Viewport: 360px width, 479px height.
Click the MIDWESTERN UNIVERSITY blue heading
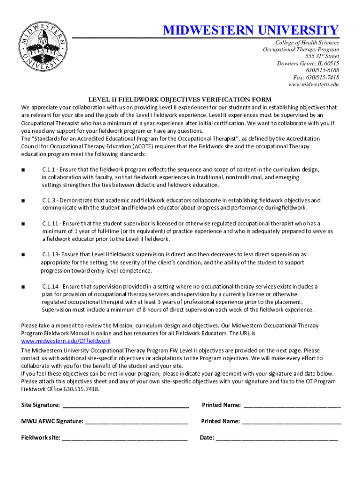click(251, 31)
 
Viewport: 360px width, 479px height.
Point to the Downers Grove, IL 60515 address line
click(308, 63)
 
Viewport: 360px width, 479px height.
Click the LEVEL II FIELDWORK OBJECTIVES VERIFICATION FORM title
click(180, 99)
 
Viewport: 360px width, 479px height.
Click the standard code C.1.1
click(49, 170)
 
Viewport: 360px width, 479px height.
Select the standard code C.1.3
click(49, 201)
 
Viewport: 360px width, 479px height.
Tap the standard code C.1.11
click(50, 224)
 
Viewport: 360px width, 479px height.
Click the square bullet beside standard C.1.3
click(23, 201)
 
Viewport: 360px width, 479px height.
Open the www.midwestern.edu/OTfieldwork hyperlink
click(66, 341)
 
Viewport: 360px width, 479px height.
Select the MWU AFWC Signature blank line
click(137, 421)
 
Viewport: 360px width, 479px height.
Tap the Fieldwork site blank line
click(125, 438)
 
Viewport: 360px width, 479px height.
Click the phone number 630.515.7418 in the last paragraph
click(80, 389)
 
